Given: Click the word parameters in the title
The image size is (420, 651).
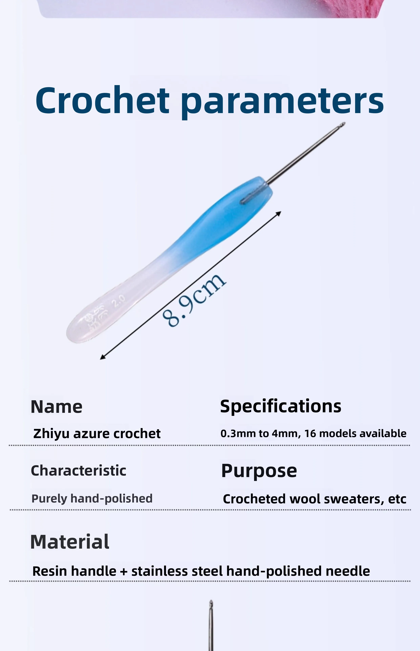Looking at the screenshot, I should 282,102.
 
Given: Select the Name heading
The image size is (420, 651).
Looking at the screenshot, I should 56,407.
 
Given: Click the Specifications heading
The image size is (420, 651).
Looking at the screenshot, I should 281,406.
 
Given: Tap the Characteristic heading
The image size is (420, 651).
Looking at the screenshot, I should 79,471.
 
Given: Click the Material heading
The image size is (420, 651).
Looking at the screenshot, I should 70,542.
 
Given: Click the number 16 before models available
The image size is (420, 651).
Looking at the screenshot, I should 310,433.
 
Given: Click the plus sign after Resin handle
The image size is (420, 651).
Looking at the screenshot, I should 124,571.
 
